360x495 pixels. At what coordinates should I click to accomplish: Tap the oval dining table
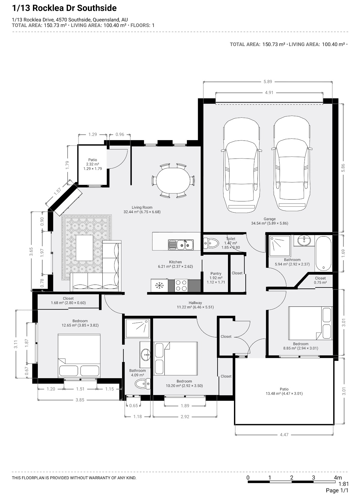[x=173, y=180]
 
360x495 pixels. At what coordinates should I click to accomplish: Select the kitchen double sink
[x=181, y=245]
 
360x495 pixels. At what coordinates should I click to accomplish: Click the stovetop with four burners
[x=181, y=285]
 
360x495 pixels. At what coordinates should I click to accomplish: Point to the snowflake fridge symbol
[x=159, y=285]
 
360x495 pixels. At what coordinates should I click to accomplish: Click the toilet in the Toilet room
[x=211, y=243]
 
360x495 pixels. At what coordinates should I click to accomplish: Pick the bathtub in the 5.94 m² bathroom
[x=323, y=254]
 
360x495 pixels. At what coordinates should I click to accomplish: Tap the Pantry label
[x=216, y=273]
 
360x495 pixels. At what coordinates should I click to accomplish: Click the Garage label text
[x=269, y=219]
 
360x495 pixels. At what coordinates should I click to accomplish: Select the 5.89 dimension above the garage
[x=268, y=82]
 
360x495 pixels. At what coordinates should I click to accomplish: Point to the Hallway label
[x=195, y=303]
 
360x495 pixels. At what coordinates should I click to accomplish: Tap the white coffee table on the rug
[x=85, y=248]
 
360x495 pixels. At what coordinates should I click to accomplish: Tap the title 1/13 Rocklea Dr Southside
[x=64, y=8]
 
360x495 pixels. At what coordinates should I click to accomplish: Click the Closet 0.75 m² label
[x=320, y=280]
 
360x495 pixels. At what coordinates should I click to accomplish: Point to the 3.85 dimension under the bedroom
[x=80, y=400]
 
